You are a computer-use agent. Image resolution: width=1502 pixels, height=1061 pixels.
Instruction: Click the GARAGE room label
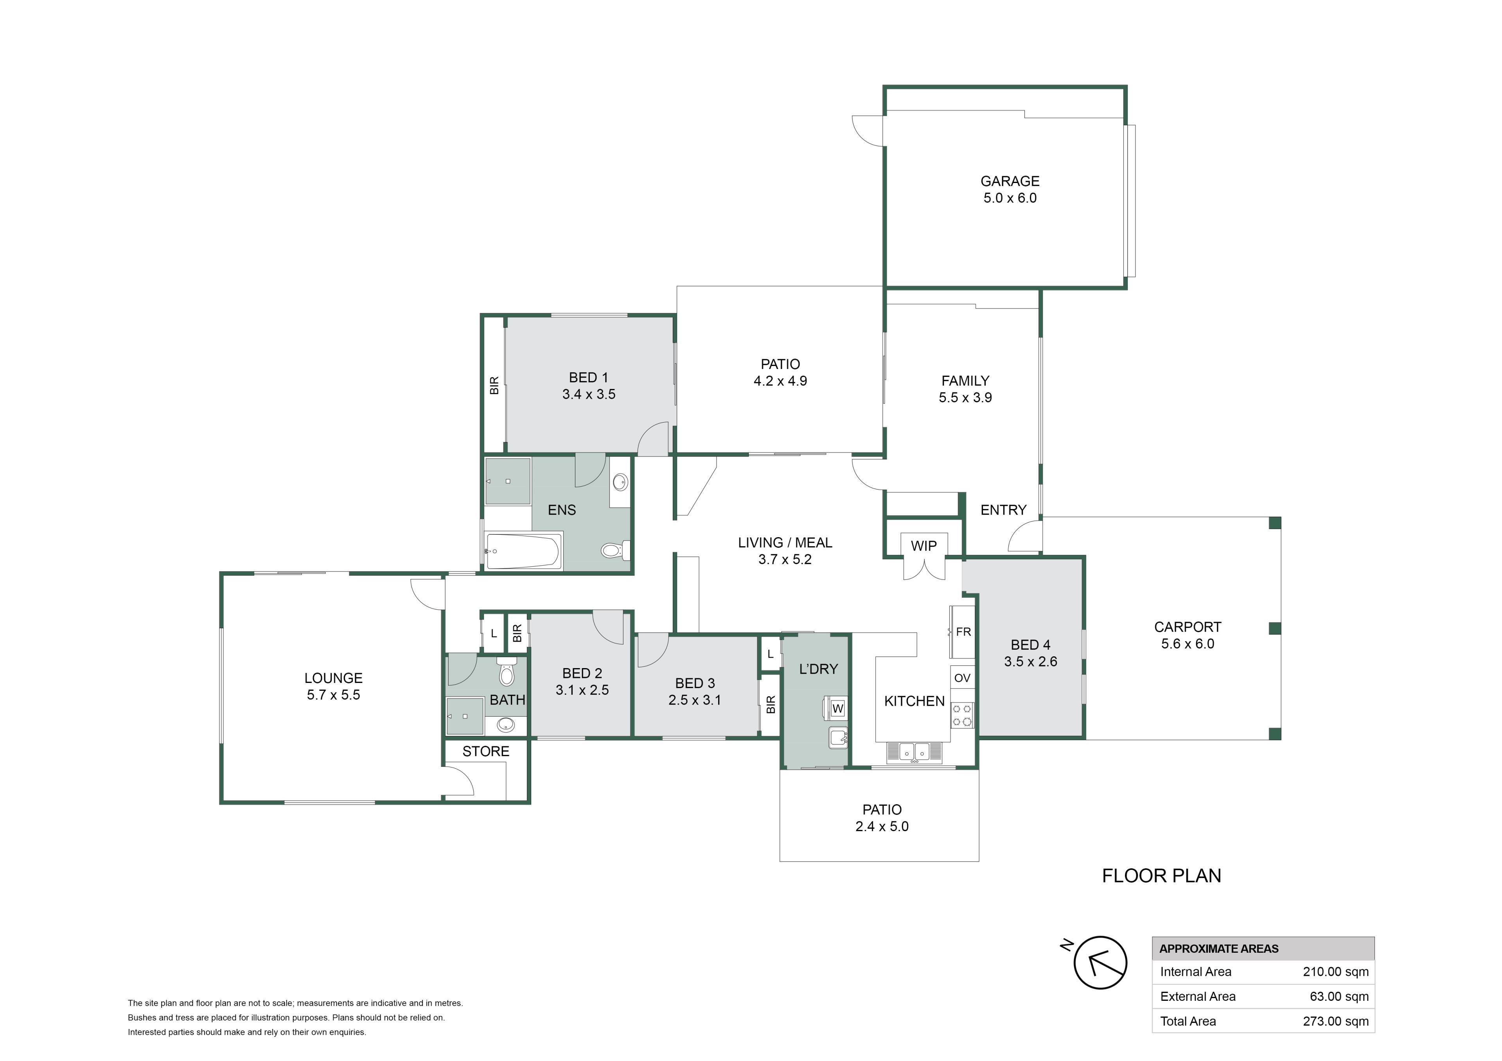pos(1010,181)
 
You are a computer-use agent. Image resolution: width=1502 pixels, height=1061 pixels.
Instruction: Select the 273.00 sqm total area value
pos(1335,1021)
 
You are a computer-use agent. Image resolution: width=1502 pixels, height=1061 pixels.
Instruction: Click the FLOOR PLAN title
pos(1161,876)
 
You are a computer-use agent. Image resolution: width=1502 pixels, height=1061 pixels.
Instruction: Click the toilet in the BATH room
pos(506,671)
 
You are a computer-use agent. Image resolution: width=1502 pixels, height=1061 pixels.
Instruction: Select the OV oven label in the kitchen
pos(962,678)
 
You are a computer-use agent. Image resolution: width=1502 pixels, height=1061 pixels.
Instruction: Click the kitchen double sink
pos(914,753)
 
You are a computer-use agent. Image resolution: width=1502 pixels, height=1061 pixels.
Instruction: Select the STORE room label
pos(485,751)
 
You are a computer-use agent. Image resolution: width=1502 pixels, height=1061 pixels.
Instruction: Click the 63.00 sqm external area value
pos(1339,996)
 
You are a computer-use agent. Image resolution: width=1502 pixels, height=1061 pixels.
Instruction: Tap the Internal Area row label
pos(1195,971)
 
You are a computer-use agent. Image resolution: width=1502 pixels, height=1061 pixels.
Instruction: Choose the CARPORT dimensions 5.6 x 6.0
pos(1188,644)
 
